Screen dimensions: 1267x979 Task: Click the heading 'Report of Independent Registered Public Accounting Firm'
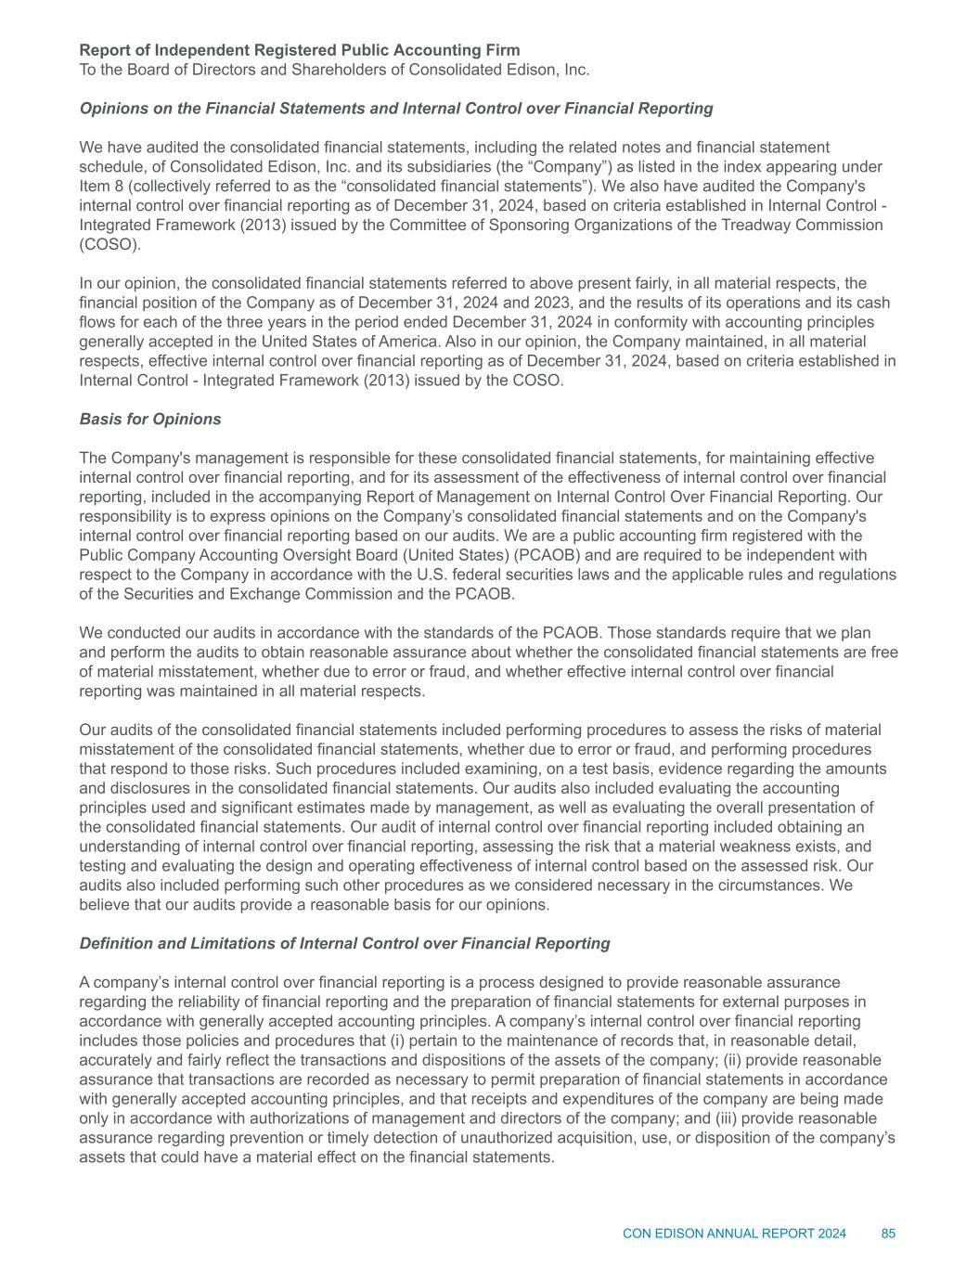[299, 50]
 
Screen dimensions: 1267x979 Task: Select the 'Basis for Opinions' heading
[150, 419]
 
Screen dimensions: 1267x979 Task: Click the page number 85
[888, 1234]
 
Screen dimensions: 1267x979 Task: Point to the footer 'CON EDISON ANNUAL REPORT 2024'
[734, 1234]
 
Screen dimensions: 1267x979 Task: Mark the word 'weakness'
[734, 847]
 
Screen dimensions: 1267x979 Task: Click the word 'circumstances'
[776, 885]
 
